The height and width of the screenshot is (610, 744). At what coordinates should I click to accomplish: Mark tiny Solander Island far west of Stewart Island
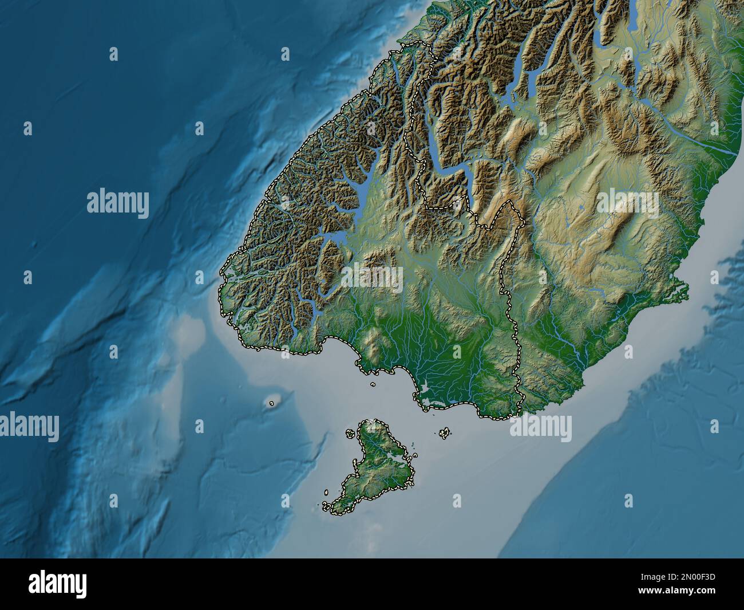pyautogui.click(x=271, y=403)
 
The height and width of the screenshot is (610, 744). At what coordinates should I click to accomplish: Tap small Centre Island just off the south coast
pyautogui.click(x=373, y=385)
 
